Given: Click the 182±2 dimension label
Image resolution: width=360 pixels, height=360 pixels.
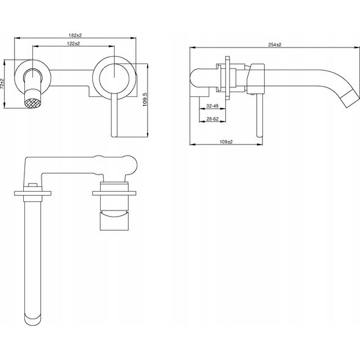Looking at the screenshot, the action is point(75,35).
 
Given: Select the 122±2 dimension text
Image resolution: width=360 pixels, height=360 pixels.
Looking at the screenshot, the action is point(73,43).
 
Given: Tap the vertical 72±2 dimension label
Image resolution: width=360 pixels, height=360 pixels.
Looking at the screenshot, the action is point(2,84).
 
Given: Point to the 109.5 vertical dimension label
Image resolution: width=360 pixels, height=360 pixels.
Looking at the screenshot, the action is point(145,99).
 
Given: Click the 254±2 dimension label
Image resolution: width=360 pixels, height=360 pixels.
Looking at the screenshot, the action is point(275,45).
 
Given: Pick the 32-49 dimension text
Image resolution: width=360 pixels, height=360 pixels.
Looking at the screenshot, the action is point(212,106).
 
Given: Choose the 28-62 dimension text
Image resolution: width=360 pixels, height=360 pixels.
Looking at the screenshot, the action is point(212,119).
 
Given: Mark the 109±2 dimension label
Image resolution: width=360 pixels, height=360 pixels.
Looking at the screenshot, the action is point(226,142).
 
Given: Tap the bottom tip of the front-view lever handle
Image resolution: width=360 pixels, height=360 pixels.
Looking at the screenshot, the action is point(114,137).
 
